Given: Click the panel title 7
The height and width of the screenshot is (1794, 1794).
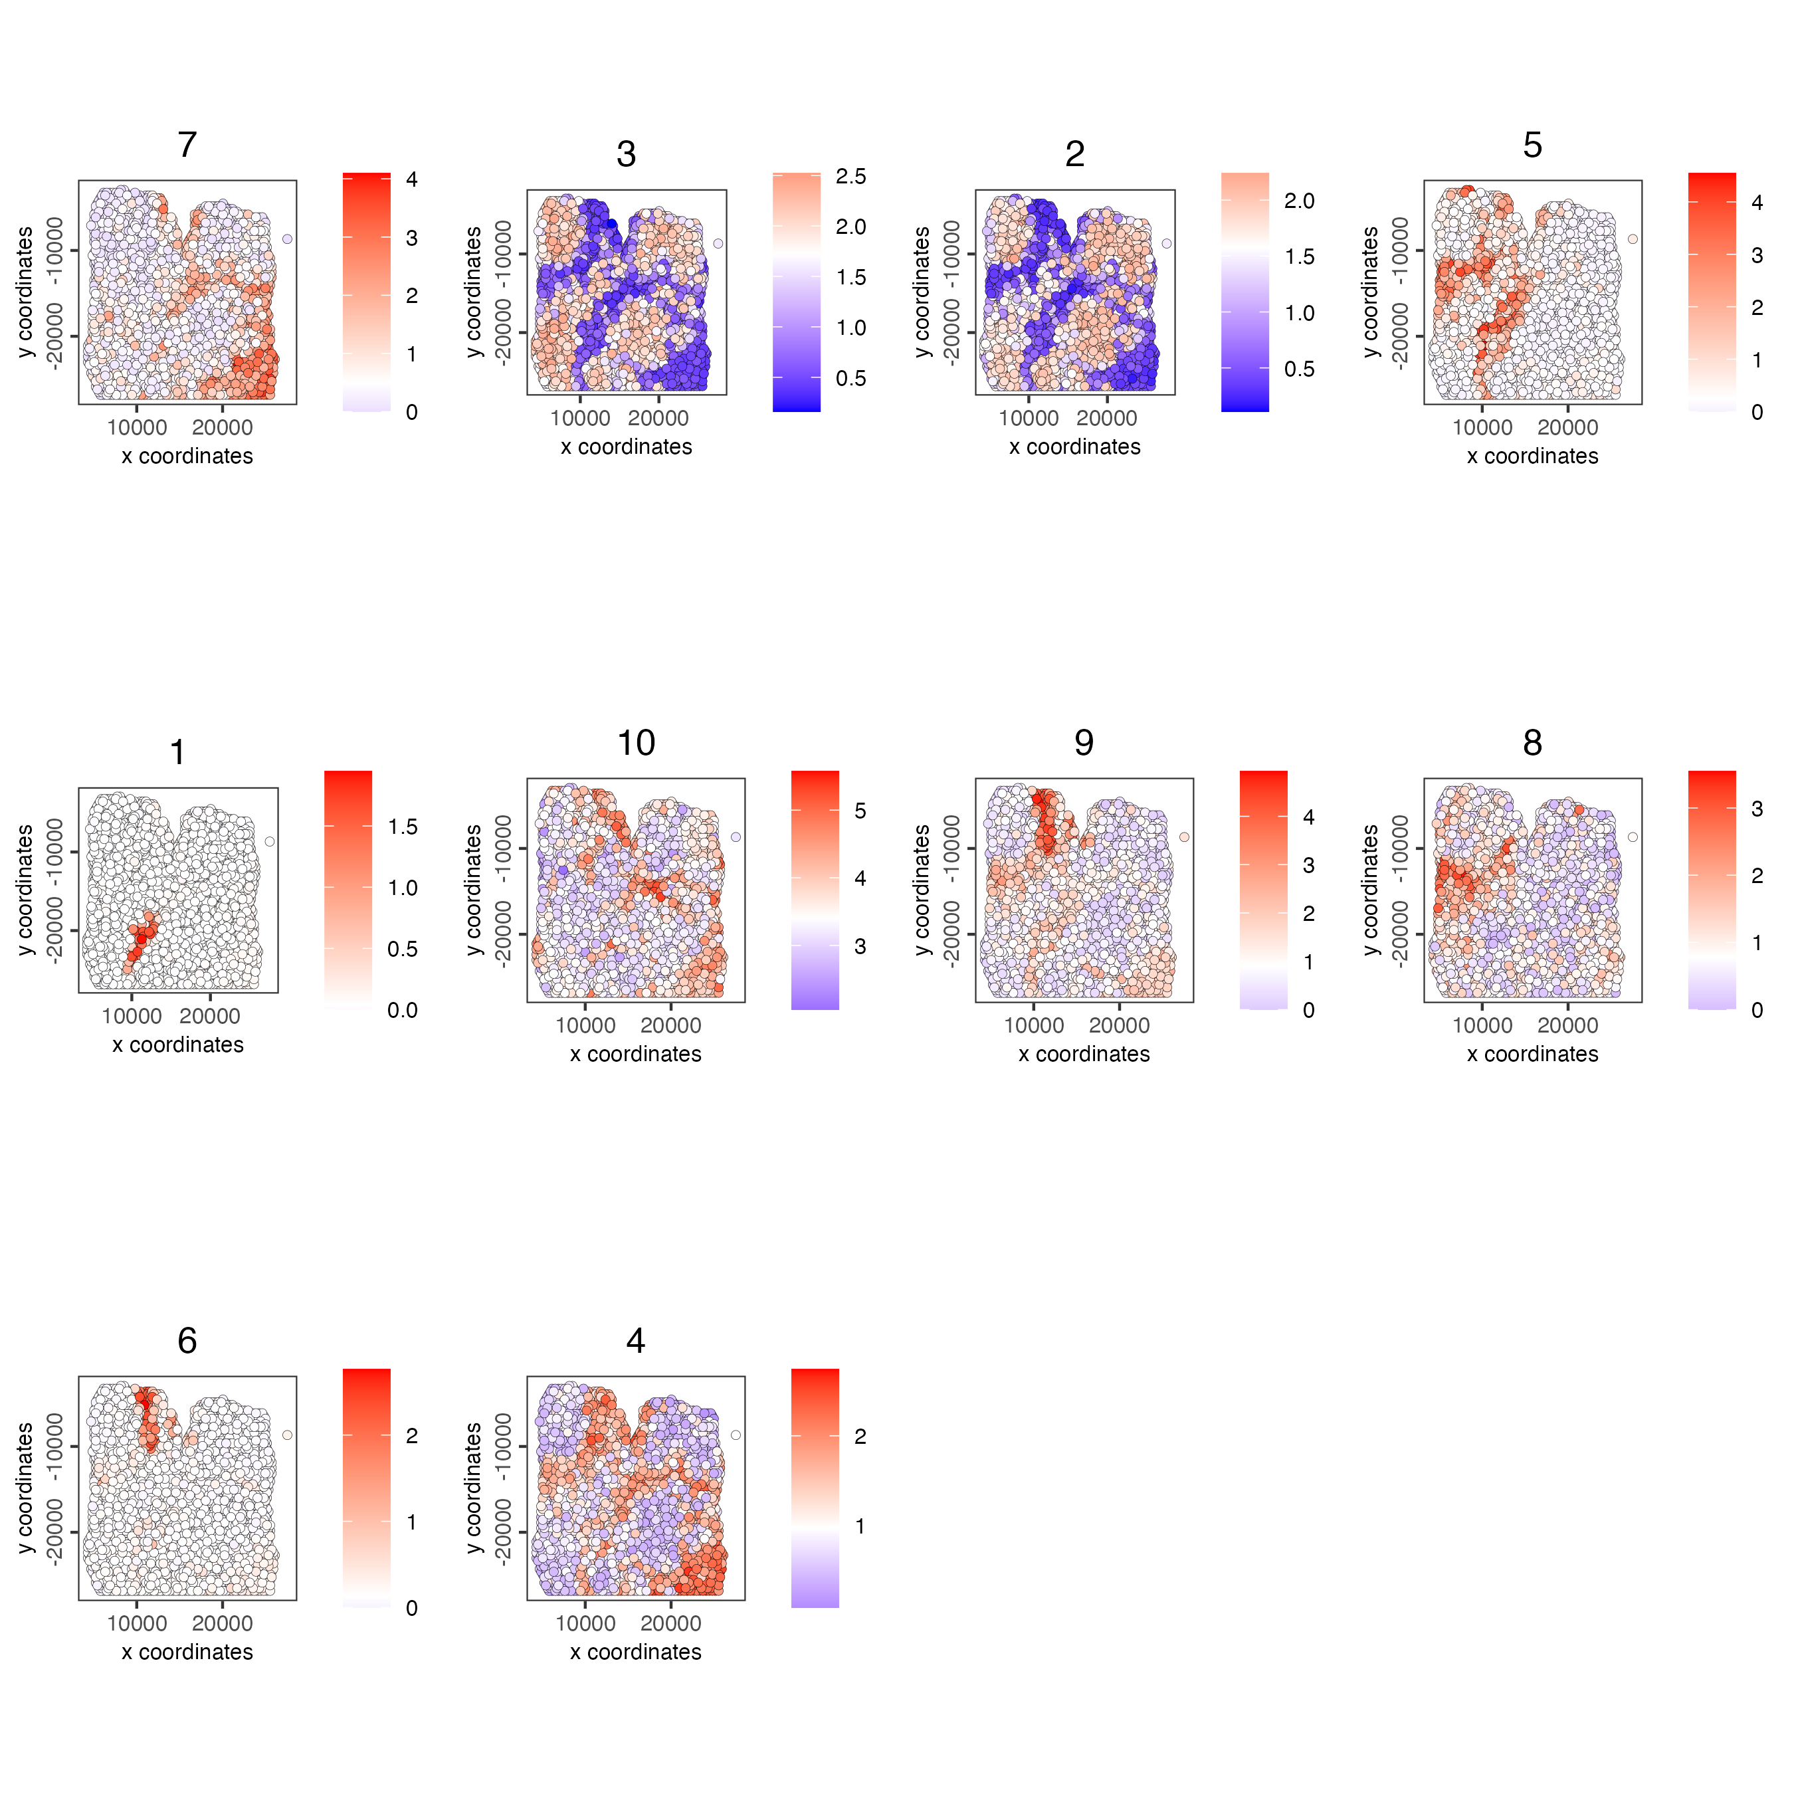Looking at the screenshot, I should click(187, 145).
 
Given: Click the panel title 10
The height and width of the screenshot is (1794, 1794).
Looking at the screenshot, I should click(635, 743).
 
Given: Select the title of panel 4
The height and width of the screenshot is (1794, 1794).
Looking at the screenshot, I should click(635, 1341).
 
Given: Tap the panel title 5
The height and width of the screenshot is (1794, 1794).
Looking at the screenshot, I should click(1532, 145).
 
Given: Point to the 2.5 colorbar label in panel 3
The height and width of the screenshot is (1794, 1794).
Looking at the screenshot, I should click(850, 177).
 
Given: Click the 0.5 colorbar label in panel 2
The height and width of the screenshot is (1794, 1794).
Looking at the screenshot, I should click(1299, 369).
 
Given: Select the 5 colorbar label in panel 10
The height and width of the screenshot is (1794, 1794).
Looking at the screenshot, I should click(860, 811).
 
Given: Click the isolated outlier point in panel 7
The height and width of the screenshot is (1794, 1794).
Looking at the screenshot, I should click(287, 239).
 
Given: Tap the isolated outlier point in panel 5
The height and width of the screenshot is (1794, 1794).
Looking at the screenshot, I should click(1633, 239).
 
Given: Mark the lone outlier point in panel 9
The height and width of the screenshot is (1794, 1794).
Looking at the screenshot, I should click(1184, 837).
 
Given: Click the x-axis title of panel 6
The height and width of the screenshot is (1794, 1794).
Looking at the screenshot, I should click(187, 1652).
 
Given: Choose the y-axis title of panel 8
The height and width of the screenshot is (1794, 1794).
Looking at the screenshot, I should click(1369, 890).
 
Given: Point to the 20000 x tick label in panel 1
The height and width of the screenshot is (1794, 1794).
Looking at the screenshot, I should click(210, 1016).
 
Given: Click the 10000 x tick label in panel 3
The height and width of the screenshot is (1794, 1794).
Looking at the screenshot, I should click(580, 418).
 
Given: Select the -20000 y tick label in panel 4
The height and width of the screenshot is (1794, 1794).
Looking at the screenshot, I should click(502, 1532).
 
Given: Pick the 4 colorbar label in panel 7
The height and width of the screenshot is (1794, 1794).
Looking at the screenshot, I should click(411, 179).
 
